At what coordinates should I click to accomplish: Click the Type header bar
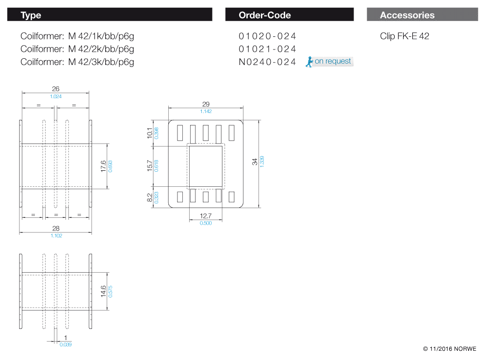[x=110, y=15]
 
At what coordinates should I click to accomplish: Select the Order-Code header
[x=289, y=15]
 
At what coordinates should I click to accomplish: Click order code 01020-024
[x=267, y=36]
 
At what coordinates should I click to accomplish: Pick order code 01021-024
[x=267, y=49]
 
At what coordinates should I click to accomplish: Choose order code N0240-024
[x=267, y=62]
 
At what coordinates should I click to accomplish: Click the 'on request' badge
[x=330, y=62]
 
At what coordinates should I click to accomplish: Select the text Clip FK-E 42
[x=404, y=36]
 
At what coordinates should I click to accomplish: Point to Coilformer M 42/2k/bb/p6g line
[x=78, y=49]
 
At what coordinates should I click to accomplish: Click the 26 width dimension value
[x=56, y=89]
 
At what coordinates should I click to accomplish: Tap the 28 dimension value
[x=56, y=228]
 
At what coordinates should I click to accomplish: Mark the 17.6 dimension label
[x=103, y=165]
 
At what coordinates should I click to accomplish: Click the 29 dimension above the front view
[x=206, y=104]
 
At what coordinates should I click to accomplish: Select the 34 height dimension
[x=255, y=162]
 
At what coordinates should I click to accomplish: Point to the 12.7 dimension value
[x=206, y=216]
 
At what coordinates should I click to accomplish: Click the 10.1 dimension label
[x=150, y=133]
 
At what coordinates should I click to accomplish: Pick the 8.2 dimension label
[x=150, y=197]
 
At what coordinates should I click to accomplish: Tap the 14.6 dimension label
[x=103, y=291]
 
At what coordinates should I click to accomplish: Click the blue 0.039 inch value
[x=65, y=344]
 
